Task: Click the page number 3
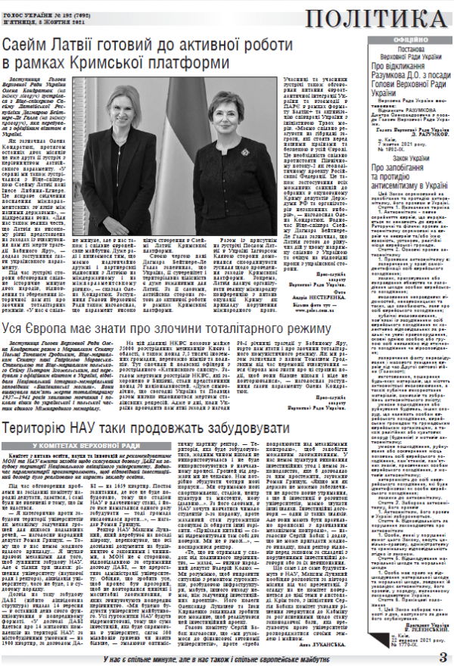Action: coord(443,655)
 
